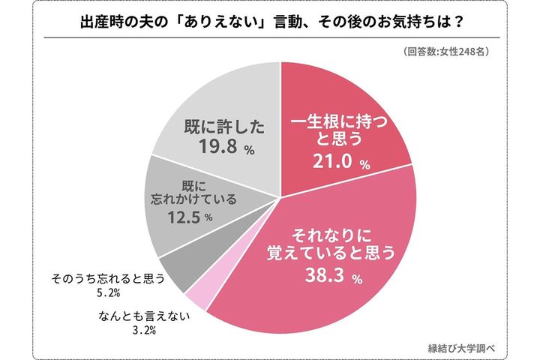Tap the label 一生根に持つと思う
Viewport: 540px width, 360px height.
coord(334,130)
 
